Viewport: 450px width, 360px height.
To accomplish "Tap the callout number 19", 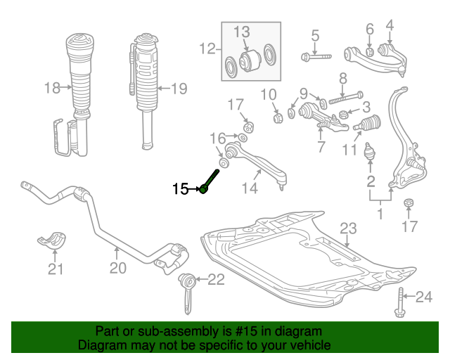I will (x=179, y=89).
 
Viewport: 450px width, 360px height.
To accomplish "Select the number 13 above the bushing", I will (x=241, y=32).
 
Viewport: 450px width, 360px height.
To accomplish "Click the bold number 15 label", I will (x=181, y=188).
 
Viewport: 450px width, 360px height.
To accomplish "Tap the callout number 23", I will (x=349, y=228).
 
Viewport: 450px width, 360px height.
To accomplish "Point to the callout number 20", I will (x=117, y=268).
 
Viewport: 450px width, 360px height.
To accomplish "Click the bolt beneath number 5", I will (x=313, y=56).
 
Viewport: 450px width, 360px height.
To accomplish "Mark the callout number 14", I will (x=249, y=188).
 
